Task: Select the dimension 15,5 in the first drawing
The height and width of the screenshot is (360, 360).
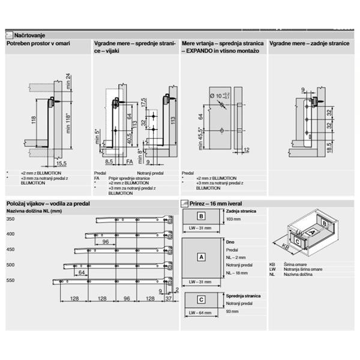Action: (61, 163)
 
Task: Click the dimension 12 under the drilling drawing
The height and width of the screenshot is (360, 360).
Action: (247, 149)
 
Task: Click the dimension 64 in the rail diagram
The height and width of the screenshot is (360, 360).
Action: (81, 271)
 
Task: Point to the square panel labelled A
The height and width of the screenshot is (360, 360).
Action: (202, 257)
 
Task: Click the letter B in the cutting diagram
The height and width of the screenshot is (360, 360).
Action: (202, 217)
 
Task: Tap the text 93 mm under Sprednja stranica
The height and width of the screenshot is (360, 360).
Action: (232, 312)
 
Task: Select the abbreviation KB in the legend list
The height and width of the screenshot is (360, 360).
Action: (273, 265)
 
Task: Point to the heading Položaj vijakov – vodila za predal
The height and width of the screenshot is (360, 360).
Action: (47, 204)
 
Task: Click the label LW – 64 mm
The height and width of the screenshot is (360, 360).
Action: (200, 313)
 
